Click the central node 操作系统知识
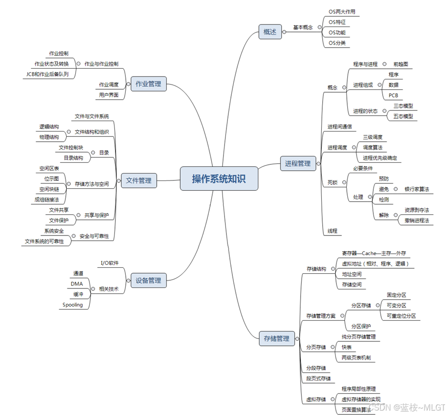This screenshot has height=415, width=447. click(x=219, y=179)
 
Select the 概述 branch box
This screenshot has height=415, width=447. click(x=270, y=32)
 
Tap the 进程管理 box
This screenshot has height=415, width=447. click(x=298, y=163)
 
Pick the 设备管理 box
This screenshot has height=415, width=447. click(x=148, y=281)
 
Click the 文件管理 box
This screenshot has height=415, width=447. click(x=139, y=181)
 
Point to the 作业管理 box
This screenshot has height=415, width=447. click(x=148, y=84)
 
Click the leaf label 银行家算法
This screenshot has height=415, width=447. click(x=417, y=189)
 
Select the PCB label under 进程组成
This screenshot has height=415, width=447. click(x=393, y=95)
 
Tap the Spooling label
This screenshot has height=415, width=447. click(x=72, y=305)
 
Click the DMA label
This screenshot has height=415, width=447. click(x=77, y=284)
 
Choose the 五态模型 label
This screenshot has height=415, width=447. click(x=403, y=116)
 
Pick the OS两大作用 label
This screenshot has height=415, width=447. click(x=342, y=12)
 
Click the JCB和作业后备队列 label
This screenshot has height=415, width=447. click(x=48, y=74)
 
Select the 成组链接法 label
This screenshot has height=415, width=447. click(x=47, y=200)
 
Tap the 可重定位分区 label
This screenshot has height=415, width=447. click(x=401, y=316)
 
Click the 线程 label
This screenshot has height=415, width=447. click(x=333, y=231)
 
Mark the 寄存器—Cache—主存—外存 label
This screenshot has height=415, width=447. click(x=374, y=253)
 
